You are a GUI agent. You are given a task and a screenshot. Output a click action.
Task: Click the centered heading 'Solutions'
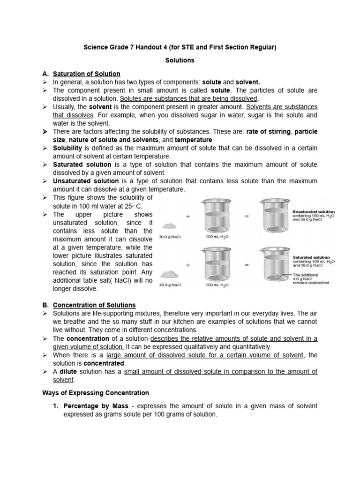[180, 60]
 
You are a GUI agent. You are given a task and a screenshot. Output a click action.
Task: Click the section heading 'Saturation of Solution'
[87, 74]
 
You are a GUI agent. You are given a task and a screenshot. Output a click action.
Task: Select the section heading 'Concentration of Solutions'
[94, 305]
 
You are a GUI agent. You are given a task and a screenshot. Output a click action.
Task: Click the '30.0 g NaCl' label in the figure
[170, 237]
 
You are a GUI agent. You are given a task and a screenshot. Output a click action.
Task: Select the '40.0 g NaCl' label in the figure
[170, 284]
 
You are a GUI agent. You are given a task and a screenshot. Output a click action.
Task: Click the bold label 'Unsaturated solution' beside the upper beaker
[314, 211]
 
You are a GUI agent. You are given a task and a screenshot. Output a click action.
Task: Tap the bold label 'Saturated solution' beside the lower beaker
[311, 257]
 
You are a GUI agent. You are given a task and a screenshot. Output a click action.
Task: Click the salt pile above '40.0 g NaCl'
[170, 273]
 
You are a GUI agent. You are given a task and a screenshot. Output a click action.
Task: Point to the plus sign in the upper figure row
[187, 217]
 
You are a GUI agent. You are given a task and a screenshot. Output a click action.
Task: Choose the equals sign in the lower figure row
[247, 265]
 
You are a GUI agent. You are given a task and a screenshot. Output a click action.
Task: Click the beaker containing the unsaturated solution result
[273, 218]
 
